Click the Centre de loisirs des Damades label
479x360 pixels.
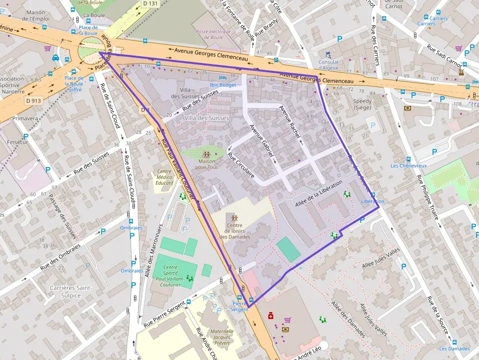coord(235,231)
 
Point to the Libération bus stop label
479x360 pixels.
coord(372,201)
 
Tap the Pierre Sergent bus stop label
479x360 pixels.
coord(239,306)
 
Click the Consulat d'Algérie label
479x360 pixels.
coord(328,65)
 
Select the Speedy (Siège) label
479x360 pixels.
coord(362,105)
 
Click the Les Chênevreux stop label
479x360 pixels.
coord(409,166)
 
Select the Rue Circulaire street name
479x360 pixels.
coord(241,166)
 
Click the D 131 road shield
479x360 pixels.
coord(151,3)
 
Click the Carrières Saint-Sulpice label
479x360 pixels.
coord(71,291)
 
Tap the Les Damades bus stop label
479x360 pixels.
coord(455,348)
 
